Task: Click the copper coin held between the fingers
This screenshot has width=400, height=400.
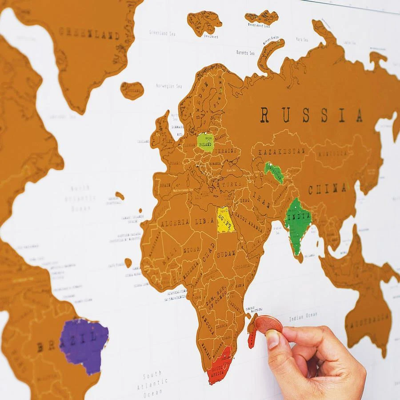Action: click(x=268, y=324)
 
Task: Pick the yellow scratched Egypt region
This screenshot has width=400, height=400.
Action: click(x=224, y=220)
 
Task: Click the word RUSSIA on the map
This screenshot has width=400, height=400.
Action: click(x=311, y=115)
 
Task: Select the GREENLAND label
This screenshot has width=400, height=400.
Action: click(x=89, y=33)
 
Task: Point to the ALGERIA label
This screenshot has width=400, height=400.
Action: click(x=176, y=222)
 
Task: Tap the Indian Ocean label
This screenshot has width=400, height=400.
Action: click(x=303, y=316)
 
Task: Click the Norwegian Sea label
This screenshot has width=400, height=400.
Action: click(x=168, y=86)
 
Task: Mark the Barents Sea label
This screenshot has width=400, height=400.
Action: click(x=245, y=53)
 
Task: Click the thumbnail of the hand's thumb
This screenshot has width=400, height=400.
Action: click(x=272, y=339)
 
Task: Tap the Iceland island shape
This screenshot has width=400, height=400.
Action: click(x=132, y=90)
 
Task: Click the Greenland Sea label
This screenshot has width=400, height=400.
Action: click(x=163, y=32)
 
